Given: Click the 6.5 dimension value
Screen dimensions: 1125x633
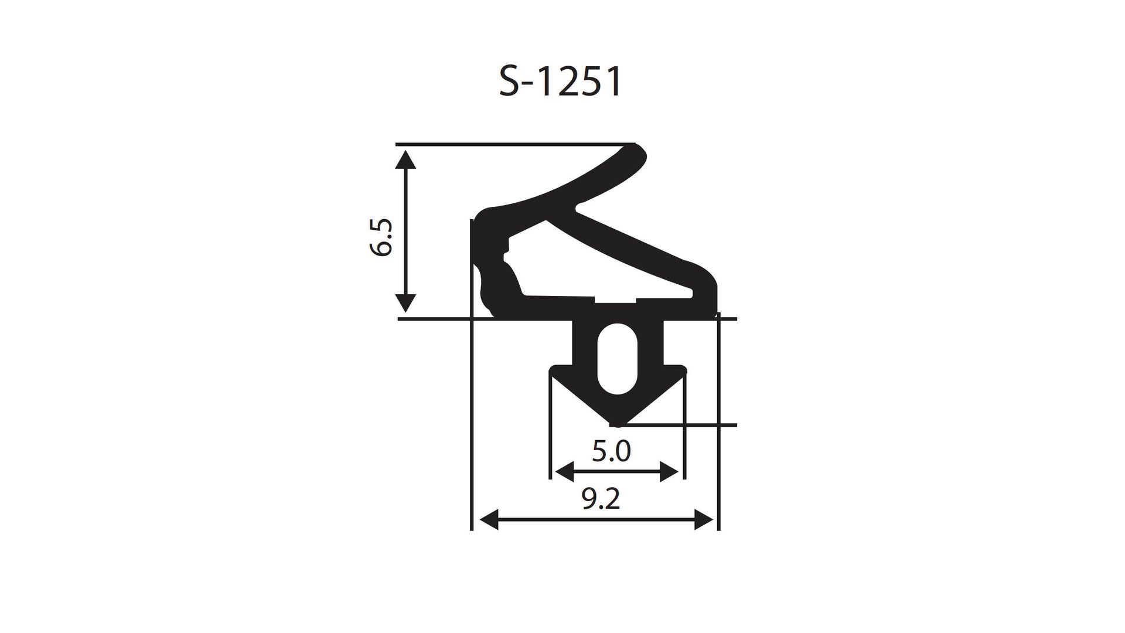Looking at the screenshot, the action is click(x=381, y=238).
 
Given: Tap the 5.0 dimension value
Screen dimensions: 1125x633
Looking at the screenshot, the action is click(x=611, y=451).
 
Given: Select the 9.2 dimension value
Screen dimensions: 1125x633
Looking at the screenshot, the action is click(x=601, y=499).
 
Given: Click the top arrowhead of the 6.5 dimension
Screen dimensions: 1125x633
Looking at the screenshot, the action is click(x=405, y=159).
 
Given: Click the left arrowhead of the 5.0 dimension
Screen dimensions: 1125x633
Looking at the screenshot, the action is click(x=564, y=471).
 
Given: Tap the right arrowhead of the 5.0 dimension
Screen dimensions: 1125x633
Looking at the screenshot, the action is click(x=669, y=471).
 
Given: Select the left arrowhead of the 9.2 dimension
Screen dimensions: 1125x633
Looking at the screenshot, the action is click(x=489, y=519).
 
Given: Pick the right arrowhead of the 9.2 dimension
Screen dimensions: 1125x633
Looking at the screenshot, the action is click(x=704, y=519).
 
